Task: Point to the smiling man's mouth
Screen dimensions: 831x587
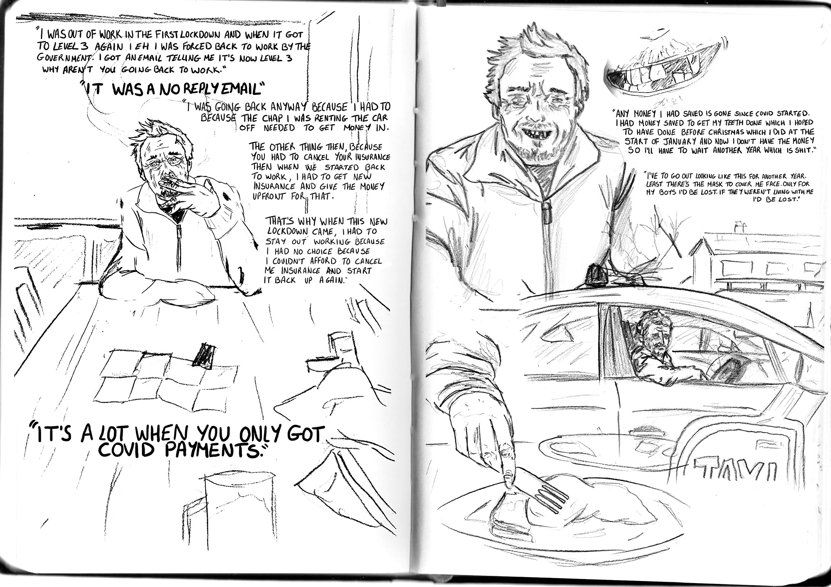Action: (531, 126)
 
